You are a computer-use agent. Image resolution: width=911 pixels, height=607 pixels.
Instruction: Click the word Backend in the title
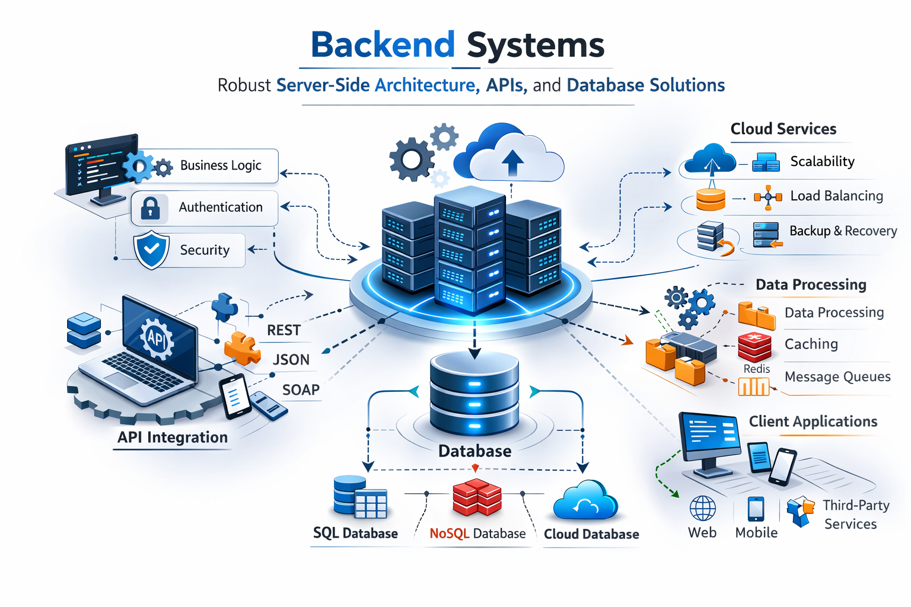click(383, 45)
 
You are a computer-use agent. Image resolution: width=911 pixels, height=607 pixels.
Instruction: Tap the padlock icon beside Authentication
click(150, 208)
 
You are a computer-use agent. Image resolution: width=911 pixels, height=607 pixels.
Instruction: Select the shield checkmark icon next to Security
click(152, 250)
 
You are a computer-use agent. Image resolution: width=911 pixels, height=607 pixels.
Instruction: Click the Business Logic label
click(221, 165)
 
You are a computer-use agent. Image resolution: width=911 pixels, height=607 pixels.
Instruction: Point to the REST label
click(284, 330)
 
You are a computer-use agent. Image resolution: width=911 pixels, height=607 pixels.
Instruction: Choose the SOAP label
click(301, 390)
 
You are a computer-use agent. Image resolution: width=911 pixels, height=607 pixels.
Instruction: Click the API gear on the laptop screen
click(157, 338)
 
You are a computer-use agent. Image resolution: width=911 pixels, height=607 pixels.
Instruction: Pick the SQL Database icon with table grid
click(360, 497)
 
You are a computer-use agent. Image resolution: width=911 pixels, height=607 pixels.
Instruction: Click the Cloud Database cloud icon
click(585, 501)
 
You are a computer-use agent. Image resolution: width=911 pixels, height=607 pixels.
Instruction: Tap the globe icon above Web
click(702, 509)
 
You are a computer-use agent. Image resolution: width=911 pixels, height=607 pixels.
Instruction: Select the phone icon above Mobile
click(756, 509)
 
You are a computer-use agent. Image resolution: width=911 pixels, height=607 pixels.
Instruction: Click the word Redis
click(756, 369)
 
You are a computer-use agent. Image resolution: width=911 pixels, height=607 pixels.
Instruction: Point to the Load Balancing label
click(836, 196)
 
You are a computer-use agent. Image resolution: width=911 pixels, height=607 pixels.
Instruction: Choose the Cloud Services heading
click(783, 129)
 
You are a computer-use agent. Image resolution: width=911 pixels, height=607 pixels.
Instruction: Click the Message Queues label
click(837, 377)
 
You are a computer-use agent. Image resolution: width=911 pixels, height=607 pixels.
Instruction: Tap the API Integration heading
click(173, 437)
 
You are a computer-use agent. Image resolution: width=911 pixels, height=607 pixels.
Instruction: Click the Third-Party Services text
click(854, 515)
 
